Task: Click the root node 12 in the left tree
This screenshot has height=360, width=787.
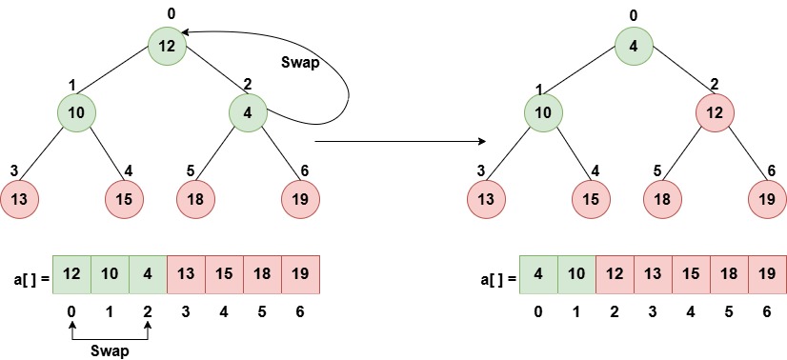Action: tap(166, 45)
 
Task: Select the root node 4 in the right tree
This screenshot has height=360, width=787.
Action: tap(633, 45)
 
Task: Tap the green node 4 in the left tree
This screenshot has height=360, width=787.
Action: tap(247, 113)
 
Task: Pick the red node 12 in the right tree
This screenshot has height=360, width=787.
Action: tap(714, 113)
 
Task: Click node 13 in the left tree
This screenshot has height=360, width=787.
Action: tap(18, 199)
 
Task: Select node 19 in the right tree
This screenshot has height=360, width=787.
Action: tap(768, 199)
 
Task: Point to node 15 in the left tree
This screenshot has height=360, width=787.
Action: tap(122, 199)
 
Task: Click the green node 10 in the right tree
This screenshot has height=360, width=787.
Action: tap(542, 113)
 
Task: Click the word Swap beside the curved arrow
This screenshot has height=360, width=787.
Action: tap(300, 63)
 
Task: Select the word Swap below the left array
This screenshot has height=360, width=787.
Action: tap(110, 350)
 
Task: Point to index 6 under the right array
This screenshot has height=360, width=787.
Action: tap(767, 310)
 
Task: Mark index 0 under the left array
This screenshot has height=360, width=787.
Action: tap(71, 310)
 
